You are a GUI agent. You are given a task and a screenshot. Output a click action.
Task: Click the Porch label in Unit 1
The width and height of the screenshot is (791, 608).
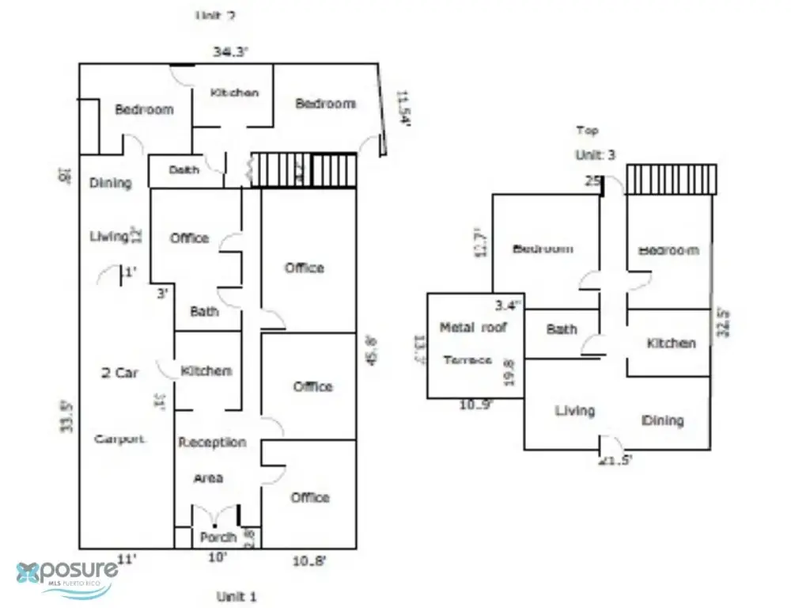click(218, 538)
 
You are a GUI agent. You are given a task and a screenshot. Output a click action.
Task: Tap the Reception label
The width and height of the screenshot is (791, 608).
click(212, 443)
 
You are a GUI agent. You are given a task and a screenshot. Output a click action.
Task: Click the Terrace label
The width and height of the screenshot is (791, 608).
click(467, 360)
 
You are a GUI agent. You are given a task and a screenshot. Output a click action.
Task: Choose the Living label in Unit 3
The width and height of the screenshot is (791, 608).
click(574, 410)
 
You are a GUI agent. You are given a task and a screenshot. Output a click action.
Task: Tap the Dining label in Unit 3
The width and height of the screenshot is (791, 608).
click(662, 420)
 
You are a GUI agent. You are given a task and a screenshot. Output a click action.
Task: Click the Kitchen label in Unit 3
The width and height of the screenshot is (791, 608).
click(671, 343)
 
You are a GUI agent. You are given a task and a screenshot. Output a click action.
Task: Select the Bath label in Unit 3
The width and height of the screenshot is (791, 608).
click(562, 329)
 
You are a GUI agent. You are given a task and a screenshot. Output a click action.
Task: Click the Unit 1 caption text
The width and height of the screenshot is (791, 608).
click(237, 596)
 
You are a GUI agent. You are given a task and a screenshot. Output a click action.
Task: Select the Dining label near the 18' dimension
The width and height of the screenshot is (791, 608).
click(110, 183)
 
